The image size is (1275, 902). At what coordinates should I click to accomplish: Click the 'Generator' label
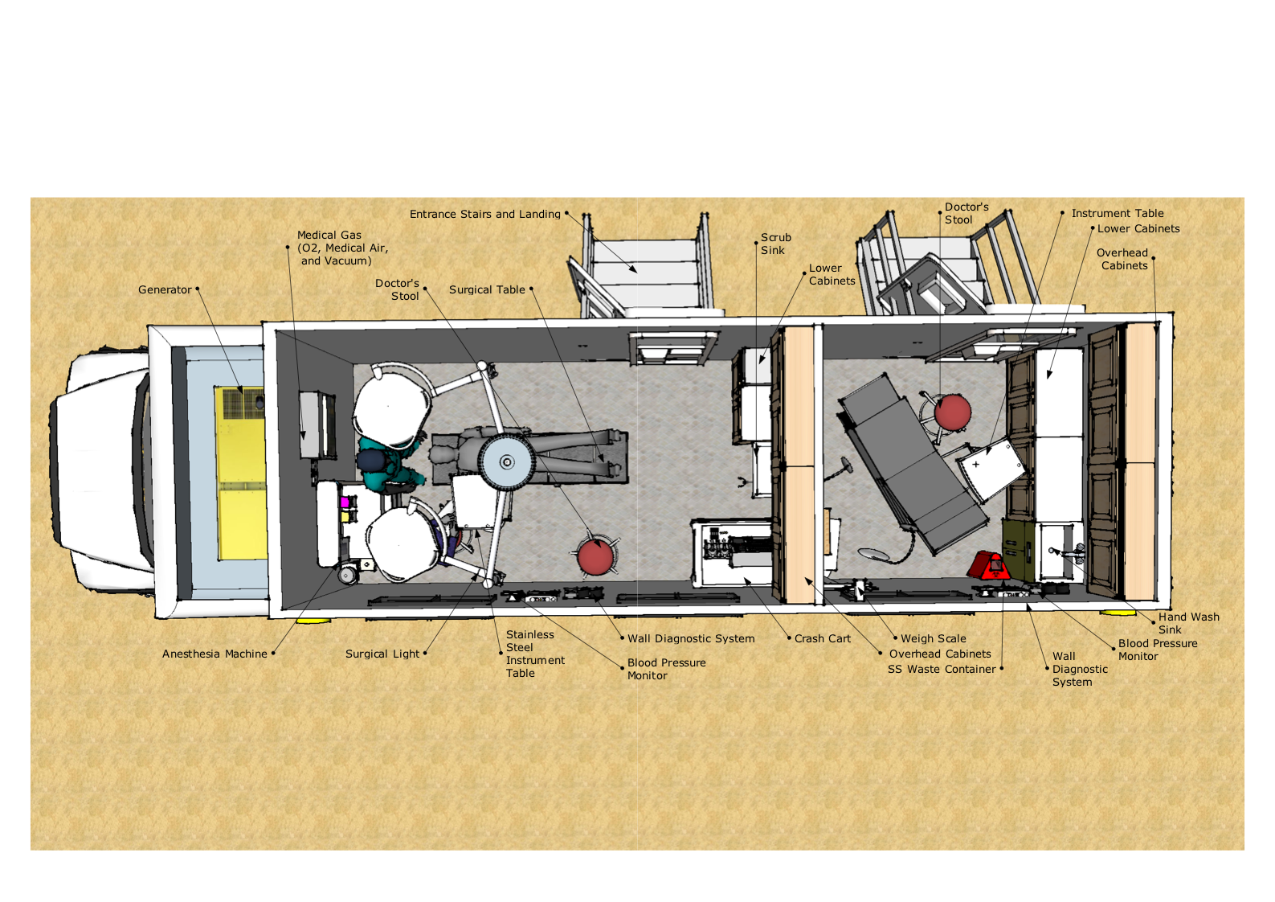pos(165,290)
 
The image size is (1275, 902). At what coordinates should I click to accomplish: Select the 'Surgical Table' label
pos(487,290)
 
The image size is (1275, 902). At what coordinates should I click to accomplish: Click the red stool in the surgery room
pos(595,556)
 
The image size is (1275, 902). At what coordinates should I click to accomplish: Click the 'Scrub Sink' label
pos(776,244)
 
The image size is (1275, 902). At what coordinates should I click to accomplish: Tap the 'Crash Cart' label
pos(823,639)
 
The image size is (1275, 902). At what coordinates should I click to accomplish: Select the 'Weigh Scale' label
pos(933,639)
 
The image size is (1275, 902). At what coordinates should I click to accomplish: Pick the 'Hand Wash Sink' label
pos(1188,624)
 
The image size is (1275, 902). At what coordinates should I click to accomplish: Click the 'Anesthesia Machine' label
pos(215,654)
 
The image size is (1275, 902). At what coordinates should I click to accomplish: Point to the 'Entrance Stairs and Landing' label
pos(485,215)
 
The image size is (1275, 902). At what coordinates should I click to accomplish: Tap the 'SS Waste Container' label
pos(942,670)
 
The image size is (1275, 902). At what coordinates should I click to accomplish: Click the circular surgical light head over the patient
pos(506,461)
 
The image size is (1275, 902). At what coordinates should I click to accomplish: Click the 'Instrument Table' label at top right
pos(1118,214)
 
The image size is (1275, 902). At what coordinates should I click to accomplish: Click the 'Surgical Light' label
pos(382,654)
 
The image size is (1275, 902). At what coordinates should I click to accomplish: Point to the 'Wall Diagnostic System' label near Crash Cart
pos(691,639)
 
